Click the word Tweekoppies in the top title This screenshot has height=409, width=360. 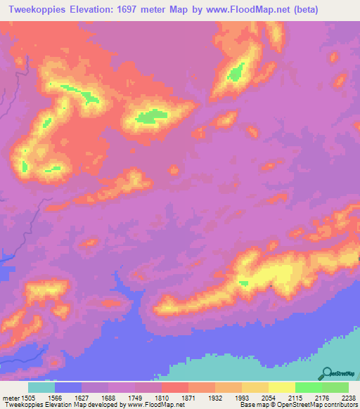point(32,10)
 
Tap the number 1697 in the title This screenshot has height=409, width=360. point(124,10)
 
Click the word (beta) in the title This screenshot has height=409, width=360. point(283,10)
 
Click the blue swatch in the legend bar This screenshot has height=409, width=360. point(67,387)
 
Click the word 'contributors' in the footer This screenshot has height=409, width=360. point(340,405)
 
